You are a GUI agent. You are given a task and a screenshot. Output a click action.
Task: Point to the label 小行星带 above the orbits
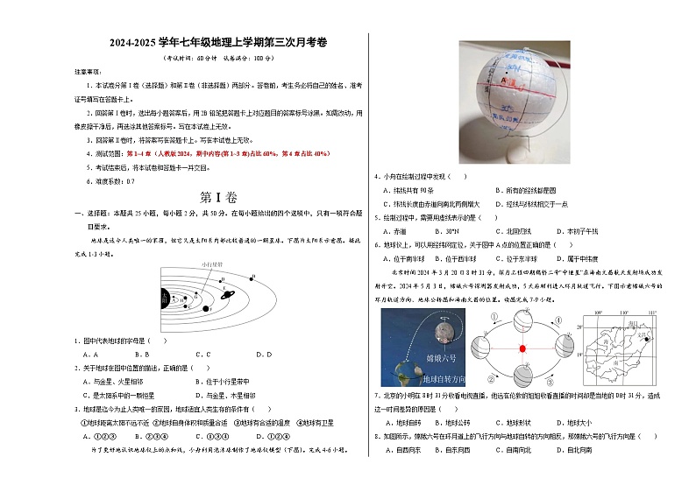coord(211,263)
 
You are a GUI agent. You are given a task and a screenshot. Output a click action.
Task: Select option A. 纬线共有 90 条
coord(410,190)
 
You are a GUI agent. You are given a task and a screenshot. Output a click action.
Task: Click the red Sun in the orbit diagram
coord(522,348)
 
